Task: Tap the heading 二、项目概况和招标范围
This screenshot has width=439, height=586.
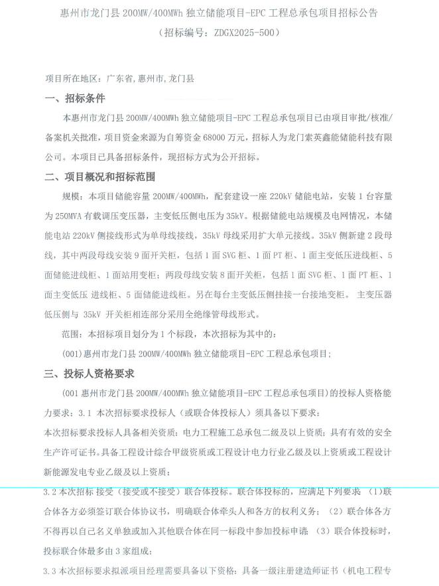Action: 100,177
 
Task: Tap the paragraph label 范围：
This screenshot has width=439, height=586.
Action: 72,333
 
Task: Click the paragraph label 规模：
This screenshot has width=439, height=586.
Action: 72,196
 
